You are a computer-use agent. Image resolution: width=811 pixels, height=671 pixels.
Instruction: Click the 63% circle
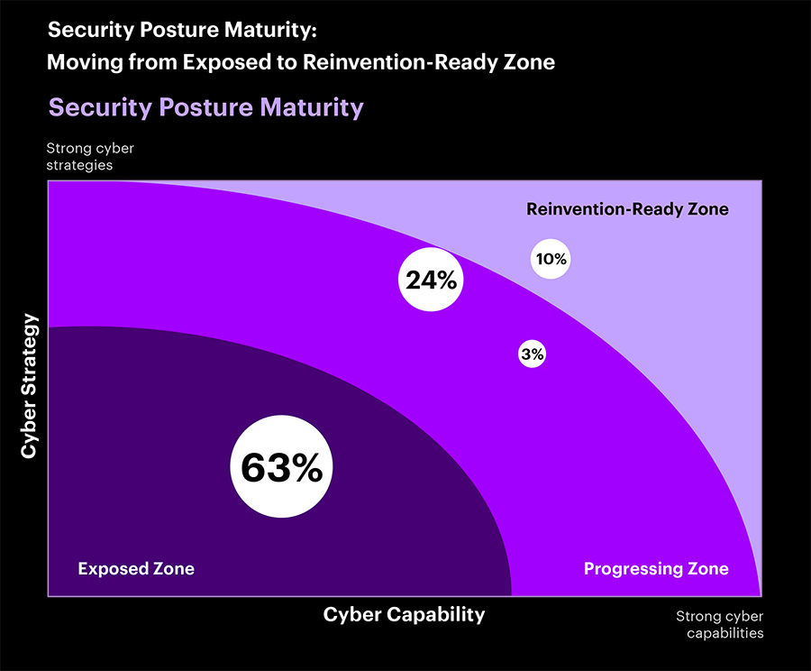pyautogui.click(x=281, y=467)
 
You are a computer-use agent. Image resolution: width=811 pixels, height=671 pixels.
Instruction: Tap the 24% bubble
pyautogui.click(x=431, y=280)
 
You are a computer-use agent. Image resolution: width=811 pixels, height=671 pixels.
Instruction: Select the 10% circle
pyautogui.click(x=551, y=259)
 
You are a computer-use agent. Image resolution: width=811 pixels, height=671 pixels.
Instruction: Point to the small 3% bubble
pyautogui.click(x=532, y=354)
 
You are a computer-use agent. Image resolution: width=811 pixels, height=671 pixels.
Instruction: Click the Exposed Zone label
pyautogui.click(x=136, y=569)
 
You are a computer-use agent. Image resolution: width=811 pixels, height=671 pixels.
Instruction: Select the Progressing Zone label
pyautogui.click(x=656, y=569)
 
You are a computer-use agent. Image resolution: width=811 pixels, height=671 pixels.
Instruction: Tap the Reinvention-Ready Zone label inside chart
pyautogui.click(x=627, y=209)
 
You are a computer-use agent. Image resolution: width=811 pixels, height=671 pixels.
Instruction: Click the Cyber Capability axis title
pyautogui.click(x=404, y=615)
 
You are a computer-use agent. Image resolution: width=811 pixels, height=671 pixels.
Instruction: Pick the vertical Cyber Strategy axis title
pyautogui.click(x=30, y=386)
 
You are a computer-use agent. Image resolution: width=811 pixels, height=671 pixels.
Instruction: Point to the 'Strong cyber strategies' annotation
pyautogui.click(x=90, y=156)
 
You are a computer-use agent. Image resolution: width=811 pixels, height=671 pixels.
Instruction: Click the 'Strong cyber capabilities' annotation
pyautogui.click(x=719, y=625)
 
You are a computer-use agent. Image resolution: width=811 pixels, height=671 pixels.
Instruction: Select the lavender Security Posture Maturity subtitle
pyautogui.click(x=206, y=107)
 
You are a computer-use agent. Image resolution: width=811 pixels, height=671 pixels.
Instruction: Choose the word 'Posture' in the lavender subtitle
pyautogui.click(x=205, y=107)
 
